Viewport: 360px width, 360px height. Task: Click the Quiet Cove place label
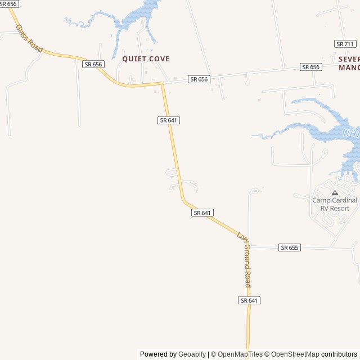(146, 58)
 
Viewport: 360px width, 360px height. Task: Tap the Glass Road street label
(29, 39)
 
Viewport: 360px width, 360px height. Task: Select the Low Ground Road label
(244, 259)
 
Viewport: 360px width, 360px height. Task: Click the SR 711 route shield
(345, 44)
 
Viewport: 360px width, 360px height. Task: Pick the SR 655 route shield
(290, 247)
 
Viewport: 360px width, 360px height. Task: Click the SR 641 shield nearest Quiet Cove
(169, 120)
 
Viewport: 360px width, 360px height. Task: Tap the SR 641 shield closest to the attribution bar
(249, 300)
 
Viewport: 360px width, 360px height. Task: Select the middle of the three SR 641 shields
(202, 213)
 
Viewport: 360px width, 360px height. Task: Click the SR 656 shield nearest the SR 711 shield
(310, 67)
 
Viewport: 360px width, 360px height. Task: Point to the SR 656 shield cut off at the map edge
(9, 4)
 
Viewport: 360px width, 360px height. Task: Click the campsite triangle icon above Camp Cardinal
(335, 192)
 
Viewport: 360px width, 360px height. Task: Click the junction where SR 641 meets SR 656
(162, 84)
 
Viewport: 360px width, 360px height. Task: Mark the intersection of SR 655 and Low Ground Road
(248, 246)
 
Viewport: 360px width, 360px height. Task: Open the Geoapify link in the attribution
(192, 354)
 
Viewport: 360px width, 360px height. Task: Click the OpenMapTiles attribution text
(240, 354)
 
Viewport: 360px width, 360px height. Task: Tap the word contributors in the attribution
(339, 354)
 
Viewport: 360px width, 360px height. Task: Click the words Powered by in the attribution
(158, 354)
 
